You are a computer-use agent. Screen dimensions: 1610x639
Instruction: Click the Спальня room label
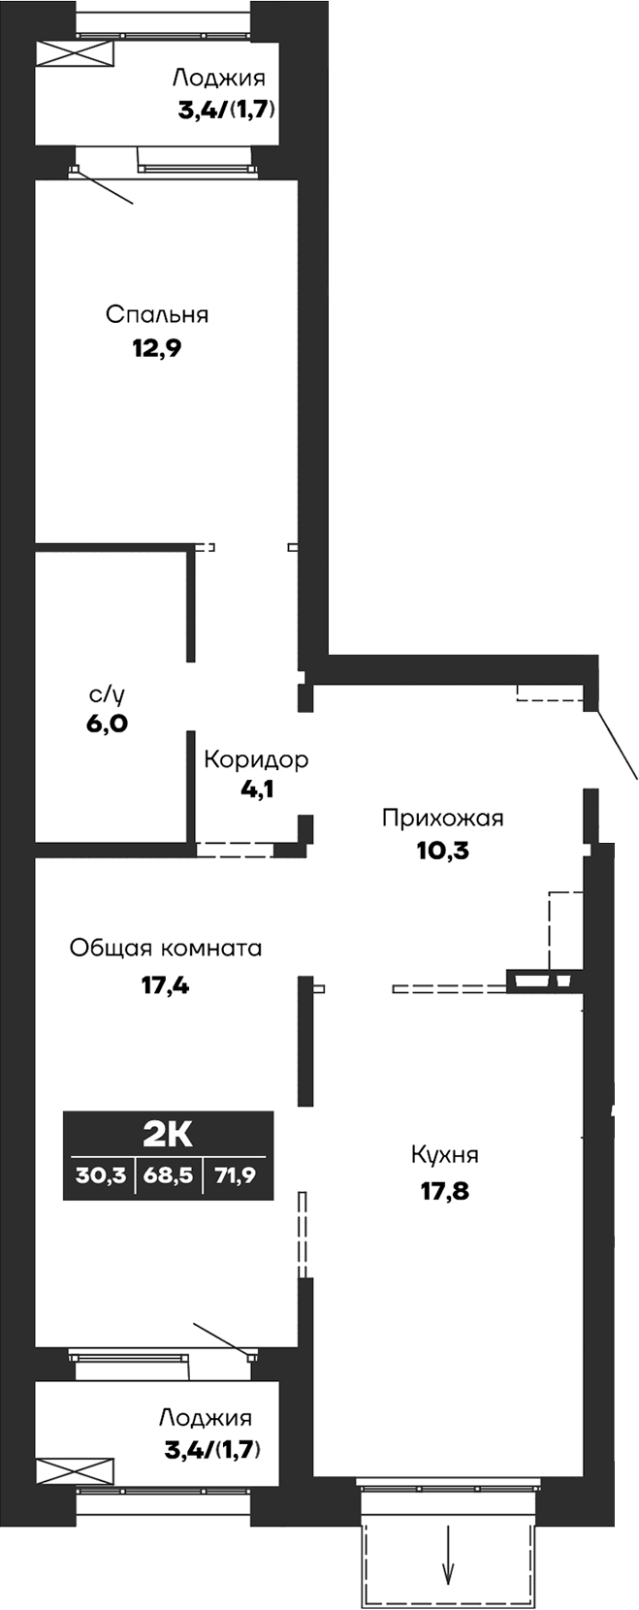157,314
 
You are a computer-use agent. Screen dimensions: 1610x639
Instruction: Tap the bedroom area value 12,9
157,348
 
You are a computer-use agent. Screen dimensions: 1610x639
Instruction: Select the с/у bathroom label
107,693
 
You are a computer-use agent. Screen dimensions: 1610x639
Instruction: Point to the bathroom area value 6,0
107,724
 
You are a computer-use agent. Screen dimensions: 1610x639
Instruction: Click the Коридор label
256,758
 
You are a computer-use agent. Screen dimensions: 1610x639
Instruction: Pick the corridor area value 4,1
256,789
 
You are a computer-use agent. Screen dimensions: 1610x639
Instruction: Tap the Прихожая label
442,818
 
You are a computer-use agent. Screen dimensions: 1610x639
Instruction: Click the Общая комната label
166,948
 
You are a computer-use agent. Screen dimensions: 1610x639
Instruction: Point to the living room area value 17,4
164,987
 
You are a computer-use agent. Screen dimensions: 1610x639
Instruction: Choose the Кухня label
444,1155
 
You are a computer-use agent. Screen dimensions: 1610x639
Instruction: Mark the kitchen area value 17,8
444,1190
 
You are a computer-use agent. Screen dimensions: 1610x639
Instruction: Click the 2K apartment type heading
168,1132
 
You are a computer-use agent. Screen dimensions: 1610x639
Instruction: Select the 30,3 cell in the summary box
101,1176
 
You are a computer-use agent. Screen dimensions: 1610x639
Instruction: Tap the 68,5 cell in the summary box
168,1176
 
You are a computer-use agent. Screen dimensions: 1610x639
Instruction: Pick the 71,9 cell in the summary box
237,1176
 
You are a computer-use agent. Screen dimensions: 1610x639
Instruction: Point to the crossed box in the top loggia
75,55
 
